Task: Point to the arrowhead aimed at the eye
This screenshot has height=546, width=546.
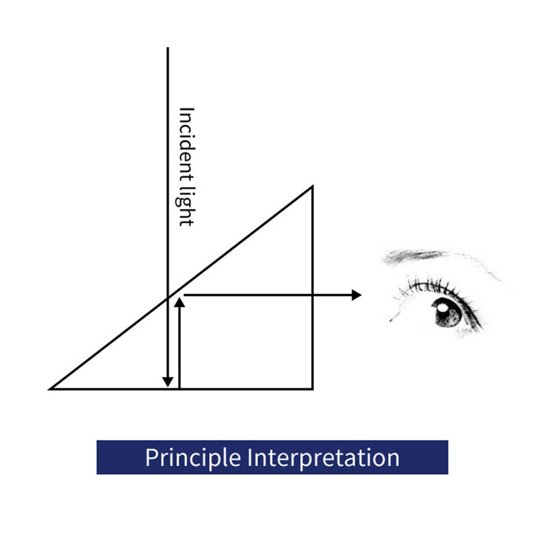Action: coord(356,295)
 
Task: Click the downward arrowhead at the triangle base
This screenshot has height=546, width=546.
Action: coord(167,382)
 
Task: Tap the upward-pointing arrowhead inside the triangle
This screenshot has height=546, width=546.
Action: coord(179,302)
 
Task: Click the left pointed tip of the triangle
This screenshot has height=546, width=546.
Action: coord(51,389)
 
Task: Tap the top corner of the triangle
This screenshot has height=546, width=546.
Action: coord(313,186)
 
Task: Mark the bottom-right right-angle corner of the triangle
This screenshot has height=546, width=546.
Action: coord(313,389)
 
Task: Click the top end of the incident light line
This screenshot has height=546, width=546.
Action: coord(167,48)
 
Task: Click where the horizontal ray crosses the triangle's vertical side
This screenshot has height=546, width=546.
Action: coord(313,295)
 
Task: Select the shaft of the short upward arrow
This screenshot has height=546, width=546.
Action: coord(179,348)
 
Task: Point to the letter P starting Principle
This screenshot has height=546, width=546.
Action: coord(151,457)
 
